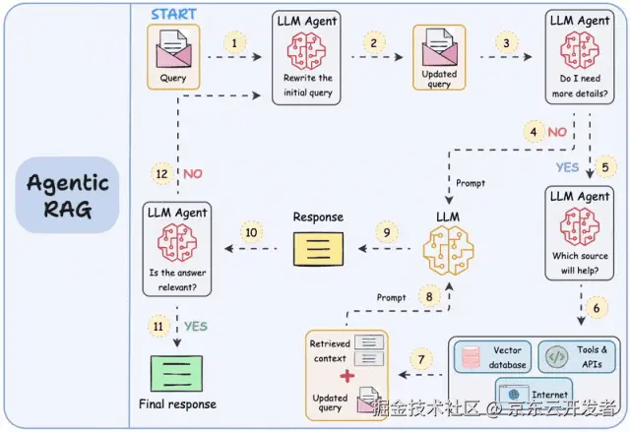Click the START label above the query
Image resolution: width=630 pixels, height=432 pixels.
tap(173, 15)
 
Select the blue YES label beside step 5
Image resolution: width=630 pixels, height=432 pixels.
tap(568, 167)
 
